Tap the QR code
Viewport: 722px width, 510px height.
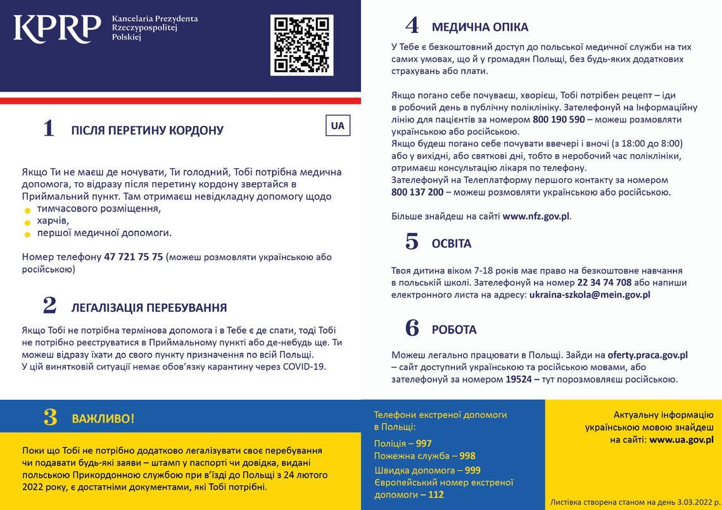click(301, 45)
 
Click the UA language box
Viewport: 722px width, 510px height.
click(338, 125)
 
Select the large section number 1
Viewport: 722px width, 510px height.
click(49, 129)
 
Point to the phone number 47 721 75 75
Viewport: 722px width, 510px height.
click(133, 257)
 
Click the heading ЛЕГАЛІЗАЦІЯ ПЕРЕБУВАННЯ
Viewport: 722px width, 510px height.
click(149, 308)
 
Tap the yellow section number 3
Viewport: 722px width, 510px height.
click(50, 418)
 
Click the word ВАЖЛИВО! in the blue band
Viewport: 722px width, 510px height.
click(103, 419)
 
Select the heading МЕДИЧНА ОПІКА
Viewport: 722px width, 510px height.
click(479, 27)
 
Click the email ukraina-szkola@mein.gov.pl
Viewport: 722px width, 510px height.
click(590, 294)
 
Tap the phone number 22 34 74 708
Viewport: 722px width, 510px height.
click(604, 282)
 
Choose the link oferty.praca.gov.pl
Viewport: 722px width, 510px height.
click(647, 355)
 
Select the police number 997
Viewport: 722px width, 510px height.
click(424, 443)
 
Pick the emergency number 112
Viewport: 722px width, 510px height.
click(436, 494)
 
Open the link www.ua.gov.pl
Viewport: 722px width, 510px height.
click(681, 439)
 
